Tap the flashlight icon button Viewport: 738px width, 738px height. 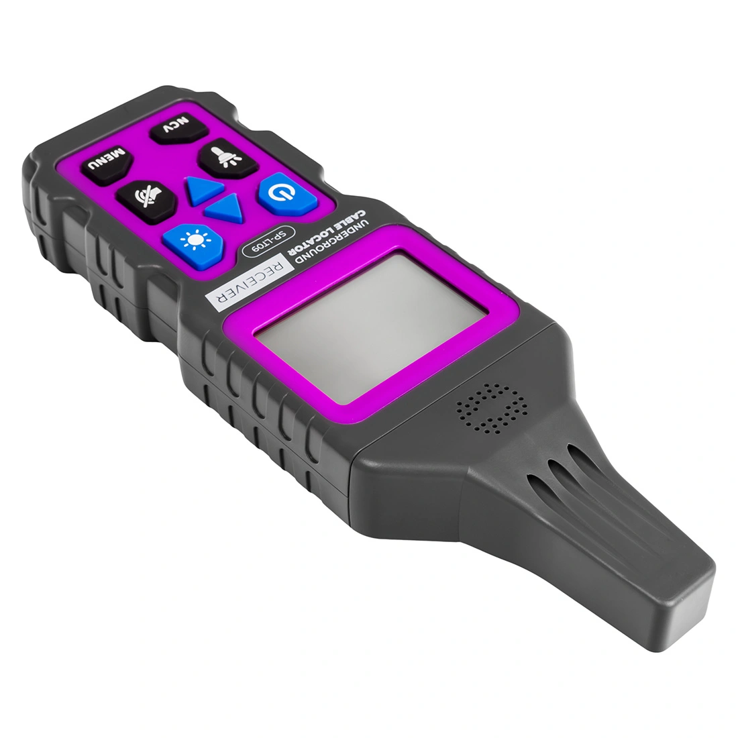(228, 157)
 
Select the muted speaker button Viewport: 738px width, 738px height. (147, 201)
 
